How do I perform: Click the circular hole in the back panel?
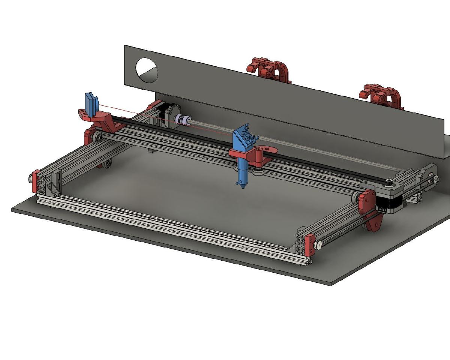pyautogui.click(x=147, y=70)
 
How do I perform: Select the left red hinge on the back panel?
pyautogui.click(x=269, y=69)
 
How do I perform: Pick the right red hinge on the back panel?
pyautogui.click(x=381, y=96)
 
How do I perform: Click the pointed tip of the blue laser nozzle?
pyautogui.click(x=243, y=186)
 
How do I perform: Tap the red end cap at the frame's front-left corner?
pyautogui.click(x=36, y=181)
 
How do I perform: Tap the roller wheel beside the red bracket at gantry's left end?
pyautogui.click(x=98, y=136)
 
